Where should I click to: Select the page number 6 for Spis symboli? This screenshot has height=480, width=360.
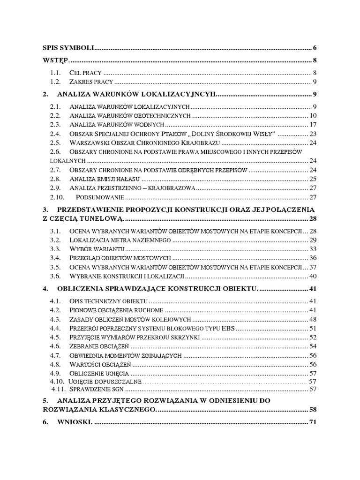tap(315, 48)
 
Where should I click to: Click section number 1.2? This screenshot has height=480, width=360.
tap(56, 82)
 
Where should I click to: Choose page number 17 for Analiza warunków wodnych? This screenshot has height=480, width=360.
tap(314, 124)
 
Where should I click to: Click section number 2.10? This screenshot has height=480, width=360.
tap(57, 196)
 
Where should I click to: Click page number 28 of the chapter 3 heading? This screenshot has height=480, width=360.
tap(314, 219)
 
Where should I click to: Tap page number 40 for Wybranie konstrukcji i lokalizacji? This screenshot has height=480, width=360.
tap(314, 276)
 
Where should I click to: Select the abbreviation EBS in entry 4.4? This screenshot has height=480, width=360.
tap(227, 328)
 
